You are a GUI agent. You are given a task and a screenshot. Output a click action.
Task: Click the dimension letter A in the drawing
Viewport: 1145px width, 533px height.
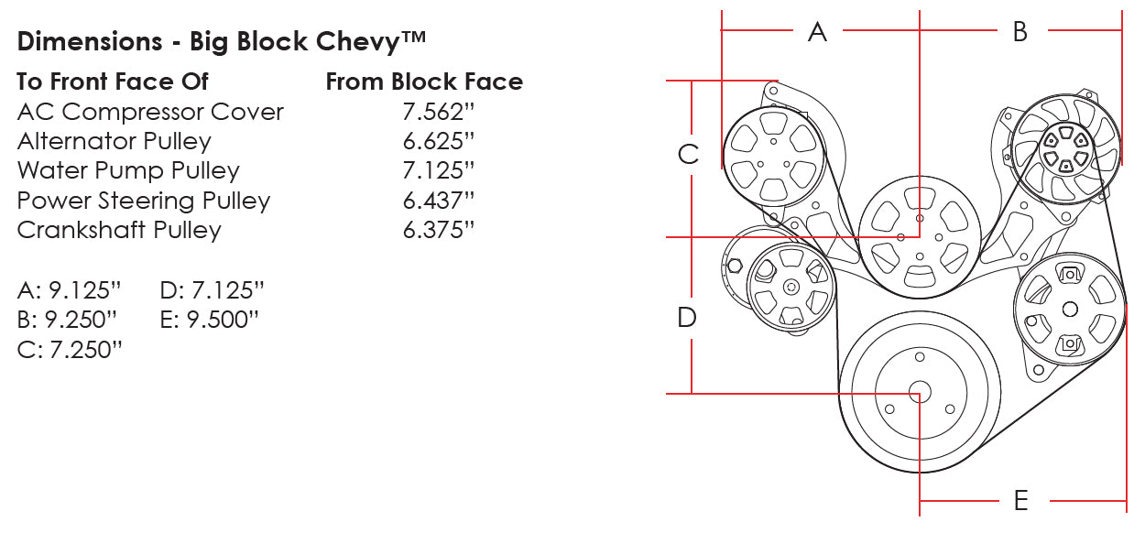tap(817, 32)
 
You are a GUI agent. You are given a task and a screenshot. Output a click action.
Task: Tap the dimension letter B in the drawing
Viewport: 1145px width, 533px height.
tap(1020, 32)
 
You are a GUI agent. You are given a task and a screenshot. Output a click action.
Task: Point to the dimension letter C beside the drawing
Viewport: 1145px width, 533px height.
tap(688, 154)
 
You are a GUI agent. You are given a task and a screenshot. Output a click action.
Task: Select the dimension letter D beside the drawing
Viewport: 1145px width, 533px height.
tap(687, 318)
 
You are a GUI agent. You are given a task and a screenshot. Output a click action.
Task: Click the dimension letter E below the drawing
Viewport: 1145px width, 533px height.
tap(1021, 500)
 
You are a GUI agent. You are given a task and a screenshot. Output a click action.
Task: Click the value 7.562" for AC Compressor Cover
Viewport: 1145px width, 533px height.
tap(439, 112)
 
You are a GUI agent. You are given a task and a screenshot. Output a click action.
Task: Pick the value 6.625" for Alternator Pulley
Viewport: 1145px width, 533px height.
tap(439, 141)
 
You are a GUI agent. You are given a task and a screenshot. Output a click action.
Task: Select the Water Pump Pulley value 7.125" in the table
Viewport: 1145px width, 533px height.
tap(439, 170)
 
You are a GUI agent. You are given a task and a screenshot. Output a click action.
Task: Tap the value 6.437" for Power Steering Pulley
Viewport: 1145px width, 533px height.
tap(439, 201)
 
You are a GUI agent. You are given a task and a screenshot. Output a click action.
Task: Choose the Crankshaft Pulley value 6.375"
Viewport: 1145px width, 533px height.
tap(439, 230)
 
